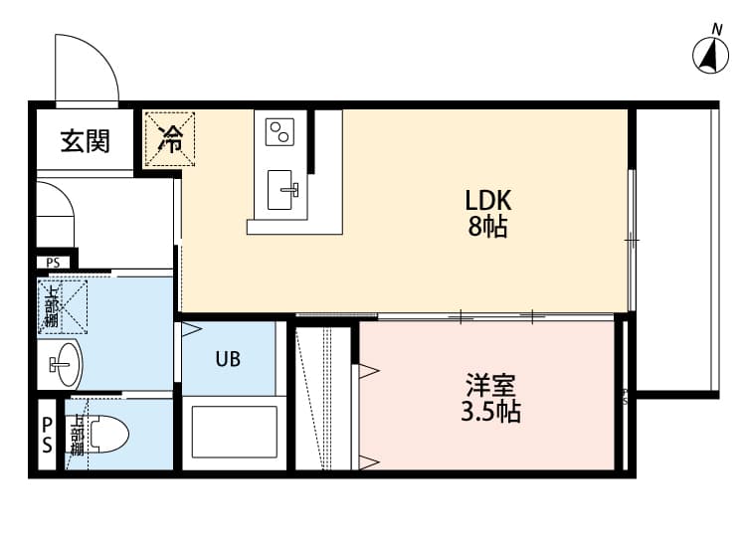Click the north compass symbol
710,54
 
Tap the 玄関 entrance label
86,141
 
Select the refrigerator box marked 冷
171,139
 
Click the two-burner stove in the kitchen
280,130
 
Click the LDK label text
488,200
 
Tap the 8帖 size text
488,227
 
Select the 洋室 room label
490,384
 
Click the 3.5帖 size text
490,411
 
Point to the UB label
227,359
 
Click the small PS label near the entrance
52,263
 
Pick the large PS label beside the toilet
47,436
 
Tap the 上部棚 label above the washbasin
52,306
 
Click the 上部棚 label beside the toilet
76,435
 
